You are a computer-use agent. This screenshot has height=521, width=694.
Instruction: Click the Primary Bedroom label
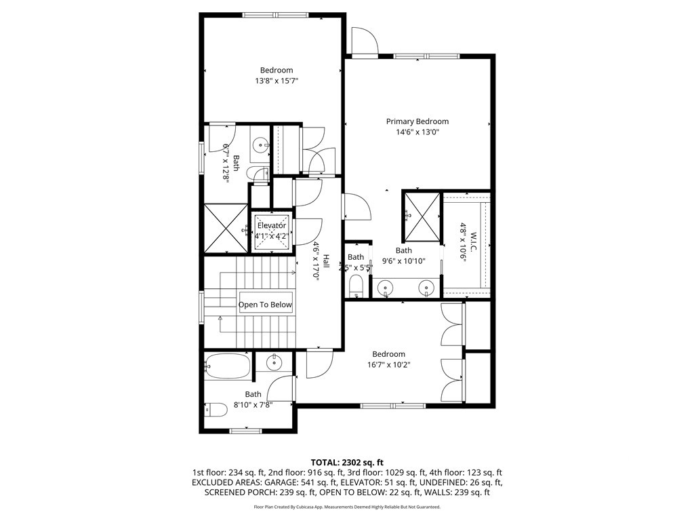417,121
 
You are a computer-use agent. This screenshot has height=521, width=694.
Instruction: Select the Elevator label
272,225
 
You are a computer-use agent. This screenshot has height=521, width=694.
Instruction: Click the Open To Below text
265,305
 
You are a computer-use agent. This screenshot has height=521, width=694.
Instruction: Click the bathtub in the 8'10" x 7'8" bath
228,366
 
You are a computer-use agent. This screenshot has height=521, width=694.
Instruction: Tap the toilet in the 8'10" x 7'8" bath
216,410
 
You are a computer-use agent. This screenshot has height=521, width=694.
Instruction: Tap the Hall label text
326,261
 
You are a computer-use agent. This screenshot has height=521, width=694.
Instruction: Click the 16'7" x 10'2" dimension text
388,365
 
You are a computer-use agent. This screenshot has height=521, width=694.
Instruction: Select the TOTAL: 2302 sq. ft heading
346,462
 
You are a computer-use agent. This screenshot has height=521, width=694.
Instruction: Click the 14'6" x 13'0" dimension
417,133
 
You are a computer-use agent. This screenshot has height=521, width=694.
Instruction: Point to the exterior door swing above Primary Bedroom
363,41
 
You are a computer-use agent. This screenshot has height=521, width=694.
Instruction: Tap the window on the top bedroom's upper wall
273,15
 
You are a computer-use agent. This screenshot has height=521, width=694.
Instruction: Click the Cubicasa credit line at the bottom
346,507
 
